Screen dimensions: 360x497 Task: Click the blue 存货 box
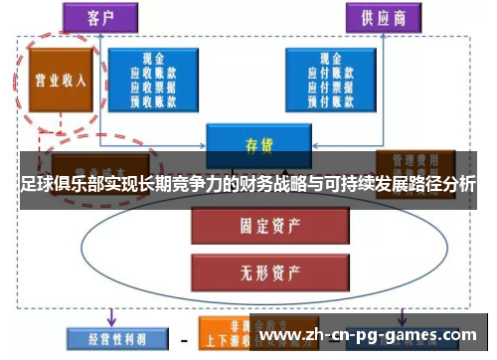coord(257,144)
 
